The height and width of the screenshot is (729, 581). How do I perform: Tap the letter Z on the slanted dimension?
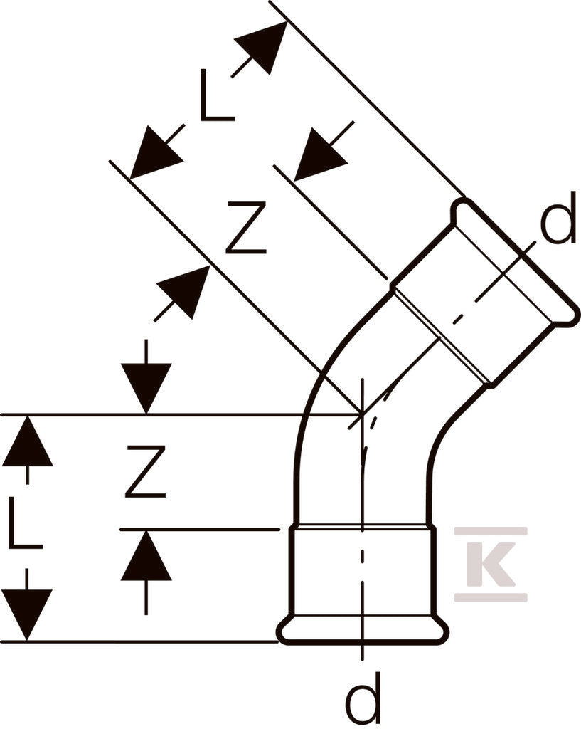pyautogui.click(x=246, y=227)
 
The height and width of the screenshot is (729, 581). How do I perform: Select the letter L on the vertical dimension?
pyautogui.click(x=25, y=523)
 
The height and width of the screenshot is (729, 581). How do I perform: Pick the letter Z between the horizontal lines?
pyautogui.click(x=146, y=471)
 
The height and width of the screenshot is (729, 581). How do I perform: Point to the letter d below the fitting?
pyautogui.click(x=365, y=698)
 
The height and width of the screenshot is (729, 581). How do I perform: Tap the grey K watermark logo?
pyautogui.click(x=491, y=564)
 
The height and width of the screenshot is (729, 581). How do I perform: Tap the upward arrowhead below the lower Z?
pyautogui.click(x=146, y=555)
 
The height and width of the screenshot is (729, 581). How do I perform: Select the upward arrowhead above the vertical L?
pyautogui.click(x=27, y=440)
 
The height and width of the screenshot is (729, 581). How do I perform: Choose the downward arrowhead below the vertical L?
pyautogui.click(x=27, y=614)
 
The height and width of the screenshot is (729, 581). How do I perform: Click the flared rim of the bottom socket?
pyautogui.click(x=363, y=631)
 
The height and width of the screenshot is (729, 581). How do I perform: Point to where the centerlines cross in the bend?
pyautogui.click(x=362, y=414)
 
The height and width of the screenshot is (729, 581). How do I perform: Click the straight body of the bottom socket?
pyautogui.click(x=363, y=571)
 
